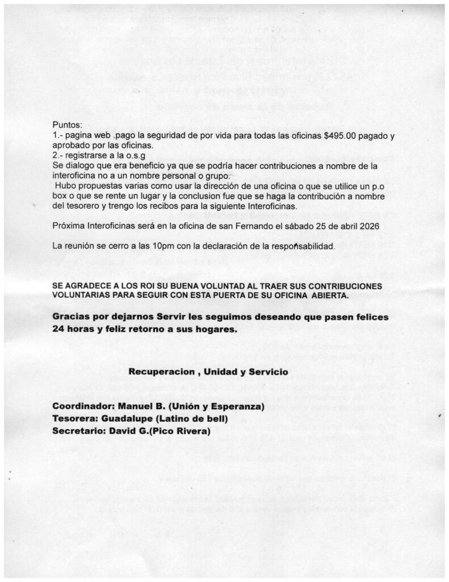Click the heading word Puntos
(x=67, y=124)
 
